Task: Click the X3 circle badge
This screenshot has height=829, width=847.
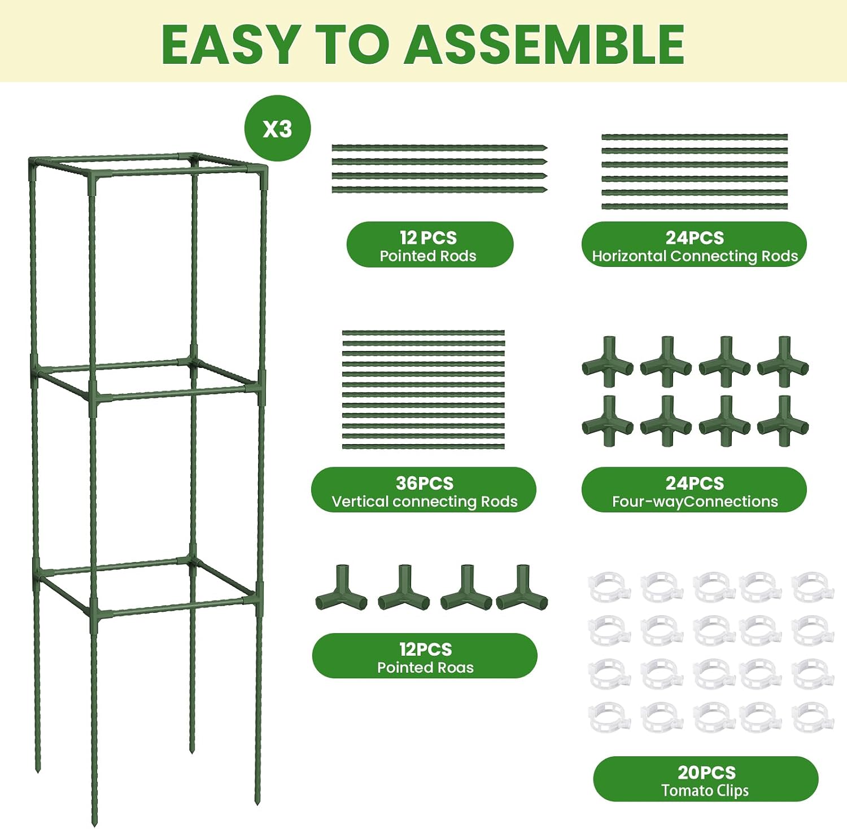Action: click(x=277, y=128)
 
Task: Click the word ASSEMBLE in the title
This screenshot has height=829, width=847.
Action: click(x=545, y=45)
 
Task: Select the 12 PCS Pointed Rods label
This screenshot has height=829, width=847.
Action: click(x=430, y=244)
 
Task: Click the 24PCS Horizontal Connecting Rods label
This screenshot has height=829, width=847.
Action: click(x=694, y=244)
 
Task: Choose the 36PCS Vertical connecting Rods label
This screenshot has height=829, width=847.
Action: click(x=423, y=490)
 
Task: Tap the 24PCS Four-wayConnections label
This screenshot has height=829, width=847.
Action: click(x=694, y=490)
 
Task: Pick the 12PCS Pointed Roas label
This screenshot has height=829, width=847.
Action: click(x=425, y=656)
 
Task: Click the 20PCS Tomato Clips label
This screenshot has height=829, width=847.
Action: click(x=705, y=779)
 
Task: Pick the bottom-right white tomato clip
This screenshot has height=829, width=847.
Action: click(x=813, y=717)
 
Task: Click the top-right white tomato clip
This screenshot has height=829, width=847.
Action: click(x=813, y=587)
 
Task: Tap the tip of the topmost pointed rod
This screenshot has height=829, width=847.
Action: click(x=547, y=148)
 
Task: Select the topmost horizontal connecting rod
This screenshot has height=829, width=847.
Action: click(x=695, y=137)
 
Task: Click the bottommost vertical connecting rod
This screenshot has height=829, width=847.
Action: click(x=423, y=447)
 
